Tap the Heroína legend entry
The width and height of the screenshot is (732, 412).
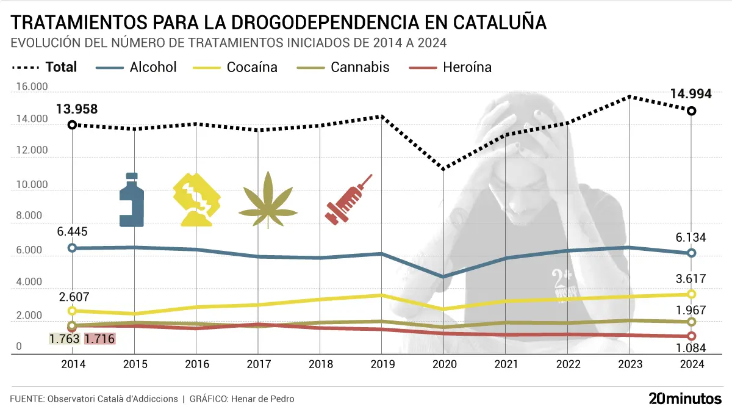click(467, 67)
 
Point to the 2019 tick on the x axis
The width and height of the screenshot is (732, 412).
click(382, 364)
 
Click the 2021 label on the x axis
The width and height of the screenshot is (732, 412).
click(505, 364)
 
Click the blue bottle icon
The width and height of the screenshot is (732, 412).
click(132, 200)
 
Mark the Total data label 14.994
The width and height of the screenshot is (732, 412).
click(691, 94)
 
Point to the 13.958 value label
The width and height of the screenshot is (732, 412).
click(77, 110)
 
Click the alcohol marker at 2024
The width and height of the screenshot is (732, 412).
click(691, 253)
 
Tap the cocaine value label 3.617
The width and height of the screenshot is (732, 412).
click(691, 280)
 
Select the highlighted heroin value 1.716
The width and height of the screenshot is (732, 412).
click(99, 339)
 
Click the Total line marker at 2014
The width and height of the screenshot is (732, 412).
click(72, 125)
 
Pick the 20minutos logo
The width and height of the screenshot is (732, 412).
click(684, 399)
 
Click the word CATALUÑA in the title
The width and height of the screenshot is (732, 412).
click(500, 23)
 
